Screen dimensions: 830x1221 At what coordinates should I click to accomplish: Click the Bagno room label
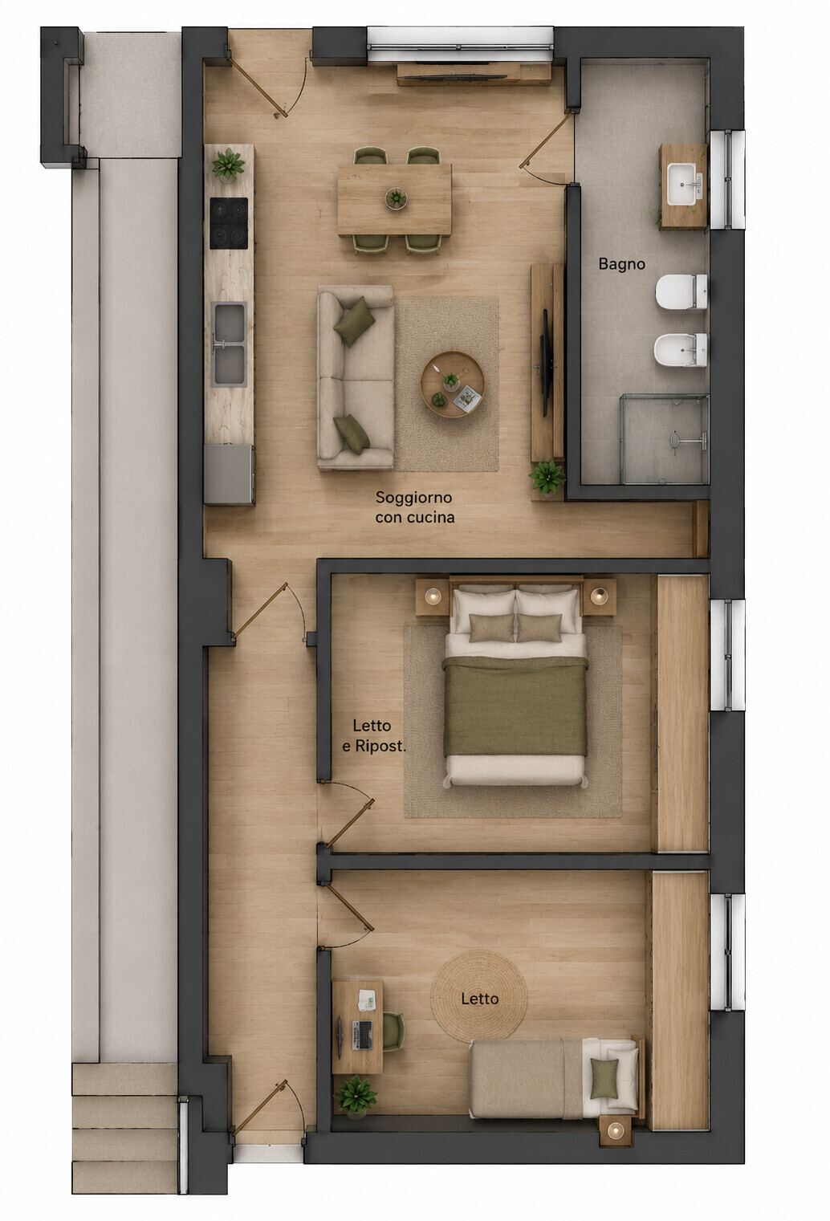click(x=621, y=264)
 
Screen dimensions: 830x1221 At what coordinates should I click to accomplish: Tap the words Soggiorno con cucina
click(x=415, y=507)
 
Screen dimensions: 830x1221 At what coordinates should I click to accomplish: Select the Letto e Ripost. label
click(x=374, y=735)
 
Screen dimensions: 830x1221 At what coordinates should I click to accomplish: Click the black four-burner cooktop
click(x=229, y=223)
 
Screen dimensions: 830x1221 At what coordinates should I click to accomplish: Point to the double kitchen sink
click(x=229, y=344)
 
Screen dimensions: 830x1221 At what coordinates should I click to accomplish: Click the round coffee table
click(x=453, y=385)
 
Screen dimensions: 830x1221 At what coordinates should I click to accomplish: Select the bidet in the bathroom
click(x=681, y=349)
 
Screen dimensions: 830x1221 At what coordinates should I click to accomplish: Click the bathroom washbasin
click(x=682, y=185)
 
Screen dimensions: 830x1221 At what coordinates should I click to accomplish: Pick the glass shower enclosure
click(x=665, y=439)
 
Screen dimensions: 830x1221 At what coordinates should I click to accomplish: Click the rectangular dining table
click(x=395, y=200)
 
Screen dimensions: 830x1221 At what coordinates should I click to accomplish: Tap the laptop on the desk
click(x=362, y=1035)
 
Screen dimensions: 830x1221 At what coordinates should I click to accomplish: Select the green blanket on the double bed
click(x=515, y=706)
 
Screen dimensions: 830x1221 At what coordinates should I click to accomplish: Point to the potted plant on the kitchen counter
click(x=228, y=165)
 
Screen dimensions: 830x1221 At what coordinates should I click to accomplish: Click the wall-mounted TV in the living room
click(x=544, y=362)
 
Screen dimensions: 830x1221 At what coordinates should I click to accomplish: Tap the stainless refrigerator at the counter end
click(x=229, y=474)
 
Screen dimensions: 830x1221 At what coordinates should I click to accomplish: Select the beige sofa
click(x=356, y=377)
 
